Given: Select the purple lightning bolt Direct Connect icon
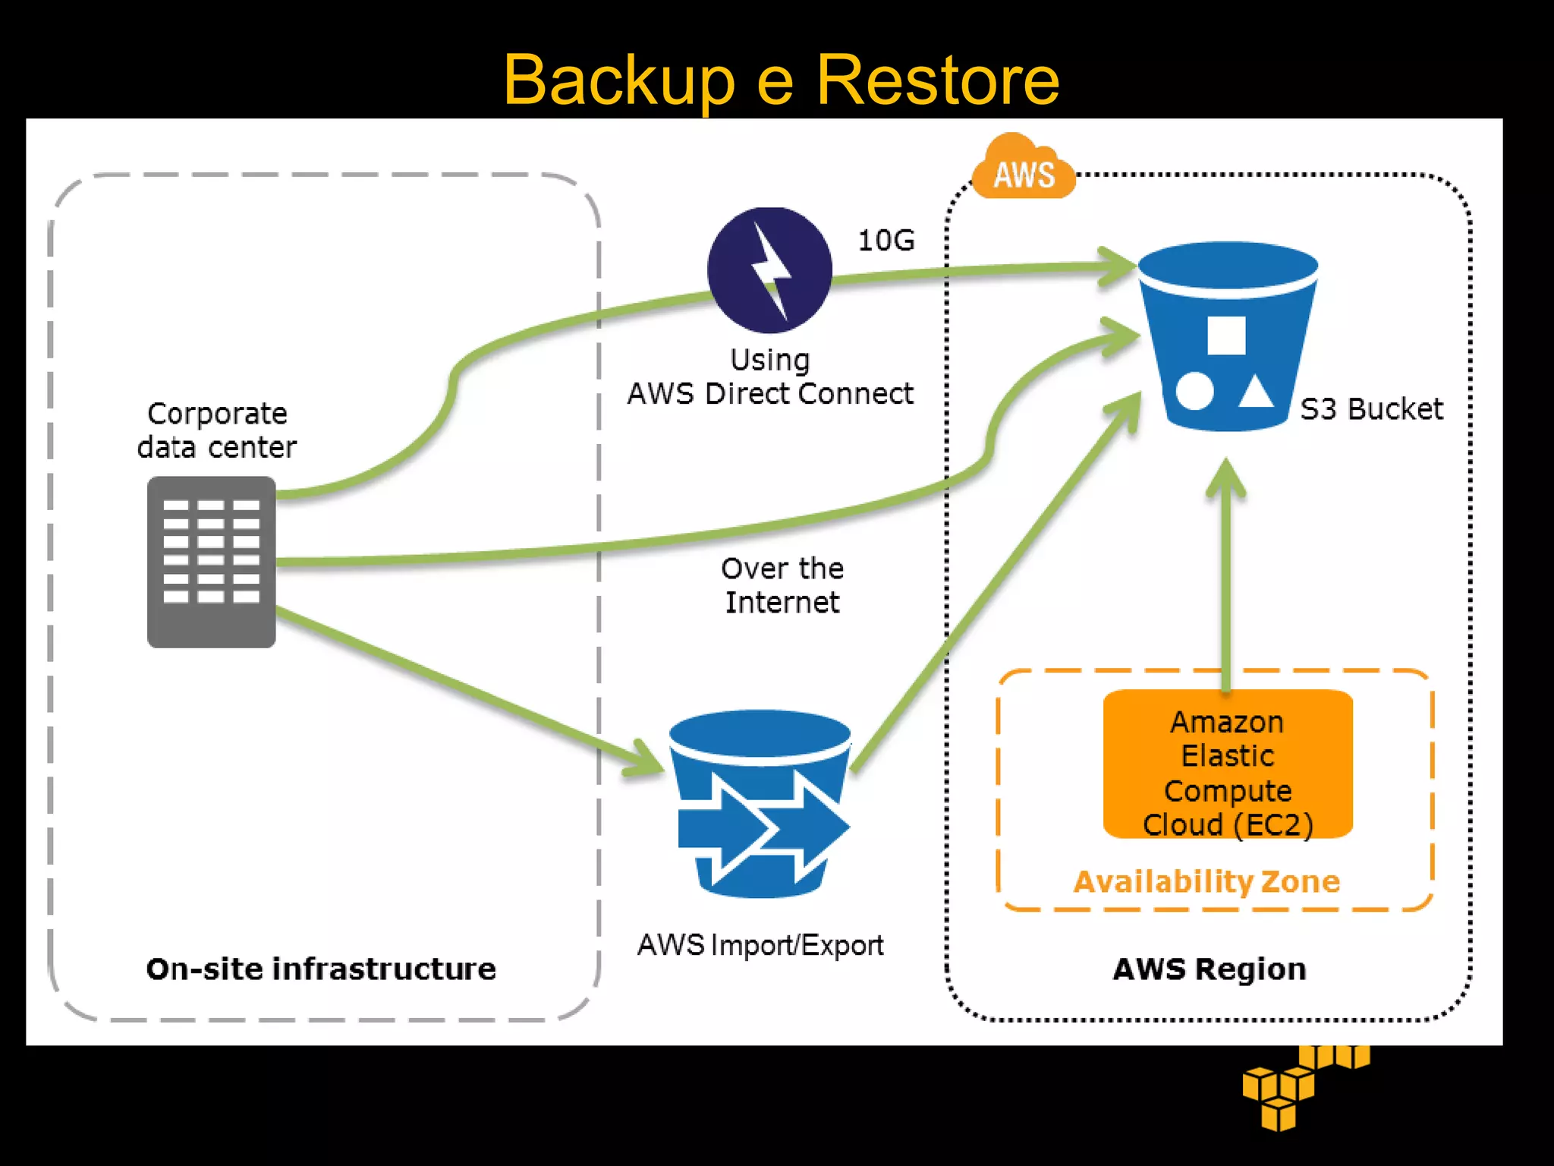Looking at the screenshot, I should coord(769,270).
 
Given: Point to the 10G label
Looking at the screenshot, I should coord(886,241).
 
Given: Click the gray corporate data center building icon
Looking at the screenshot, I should coord(211,562).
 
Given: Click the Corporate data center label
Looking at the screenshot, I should coord(216,430).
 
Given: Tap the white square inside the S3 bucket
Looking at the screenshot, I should coord(1225,335).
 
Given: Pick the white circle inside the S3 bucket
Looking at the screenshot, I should coord(1194,391).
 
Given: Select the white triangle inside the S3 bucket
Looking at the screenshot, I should coord(1255,392).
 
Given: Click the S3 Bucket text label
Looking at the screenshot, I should coord(1370,409).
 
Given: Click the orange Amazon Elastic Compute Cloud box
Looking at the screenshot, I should coord(1227,764).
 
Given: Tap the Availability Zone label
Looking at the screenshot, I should coord(1206,881).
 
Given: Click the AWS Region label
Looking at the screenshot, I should coord(1209,969).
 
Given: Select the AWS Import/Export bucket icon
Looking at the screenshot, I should coord(761,803).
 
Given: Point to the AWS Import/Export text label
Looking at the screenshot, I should coord(760,945).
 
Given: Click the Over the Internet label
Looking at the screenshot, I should coord(782,585).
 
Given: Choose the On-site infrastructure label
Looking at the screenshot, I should coord(321,969).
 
